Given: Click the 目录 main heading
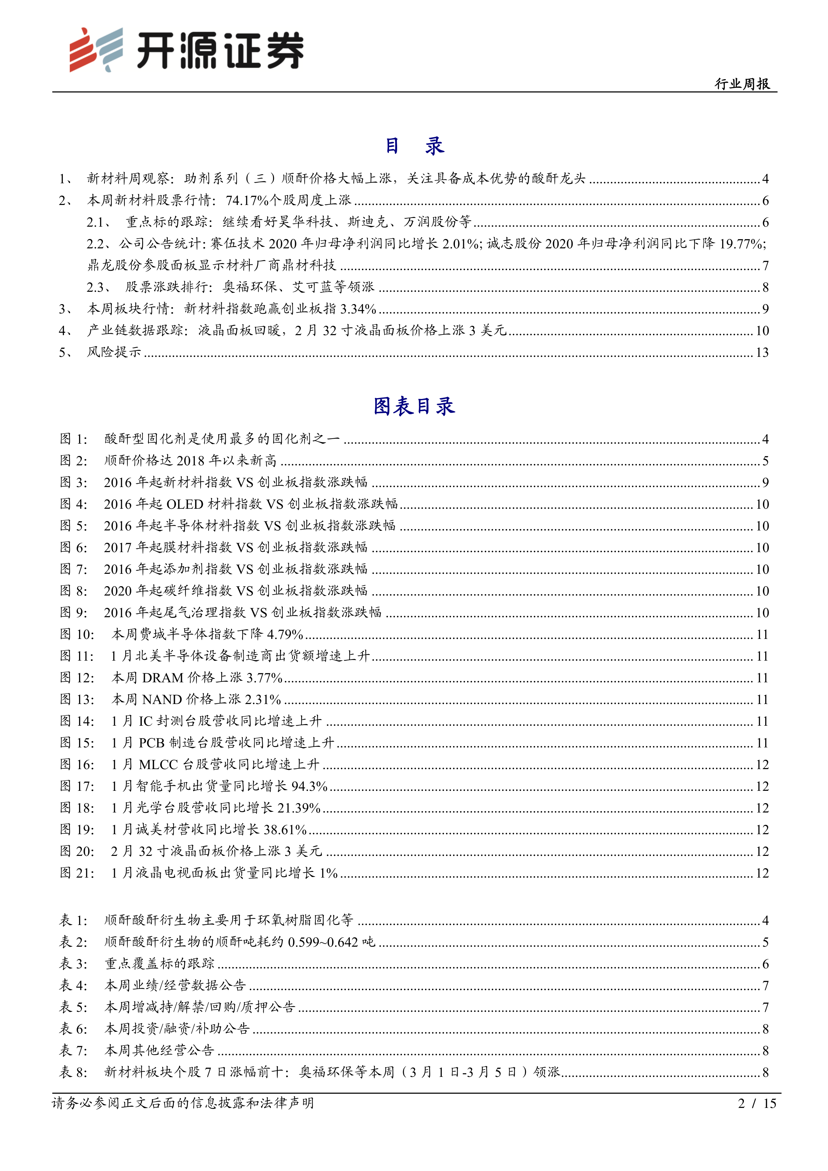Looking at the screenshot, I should pos(414,146).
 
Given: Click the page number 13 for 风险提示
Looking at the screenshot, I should pos(762,353).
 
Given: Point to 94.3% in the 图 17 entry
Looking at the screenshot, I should pos(309,786).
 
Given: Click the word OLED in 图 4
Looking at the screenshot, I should pos(185,504).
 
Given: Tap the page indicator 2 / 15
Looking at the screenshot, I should pos(757,1104).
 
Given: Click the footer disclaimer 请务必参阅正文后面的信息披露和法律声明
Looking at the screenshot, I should pos(183,1104).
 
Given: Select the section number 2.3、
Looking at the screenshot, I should pos(99,287).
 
